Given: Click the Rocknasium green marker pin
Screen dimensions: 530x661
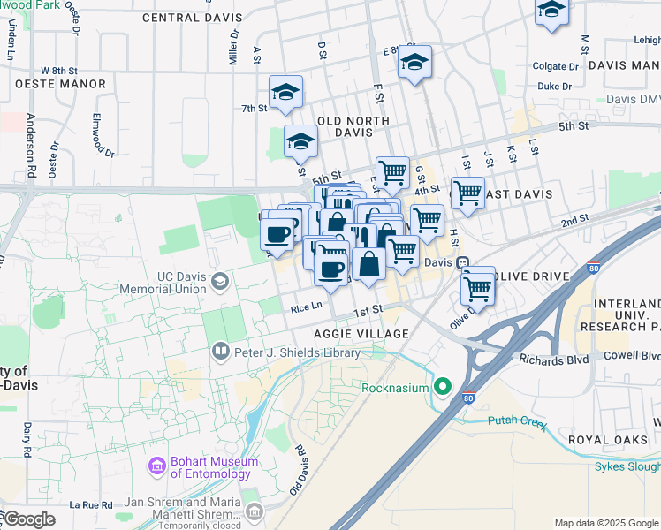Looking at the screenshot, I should pyautogui.click(x=443, y=388).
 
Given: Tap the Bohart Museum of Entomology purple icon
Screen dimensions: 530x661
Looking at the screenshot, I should pyautogui.click(x=157, y=466).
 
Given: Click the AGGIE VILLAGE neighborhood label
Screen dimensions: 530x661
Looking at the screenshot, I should pyautogui.click(x=361, y=334).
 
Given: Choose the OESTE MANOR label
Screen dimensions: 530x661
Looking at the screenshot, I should pyautogui.click(x=60, y=84).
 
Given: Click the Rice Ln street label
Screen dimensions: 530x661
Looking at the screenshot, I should pyautogui.click(x=307, y=308).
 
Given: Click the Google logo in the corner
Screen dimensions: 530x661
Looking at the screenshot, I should pyautogui.click(x=29, y=519).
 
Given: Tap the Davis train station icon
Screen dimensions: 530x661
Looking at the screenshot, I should pyautogui.click(x=462, y=263).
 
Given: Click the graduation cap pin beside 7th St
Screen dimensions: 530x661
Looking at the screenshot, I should pyautogui.click(x=285, y=93).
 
